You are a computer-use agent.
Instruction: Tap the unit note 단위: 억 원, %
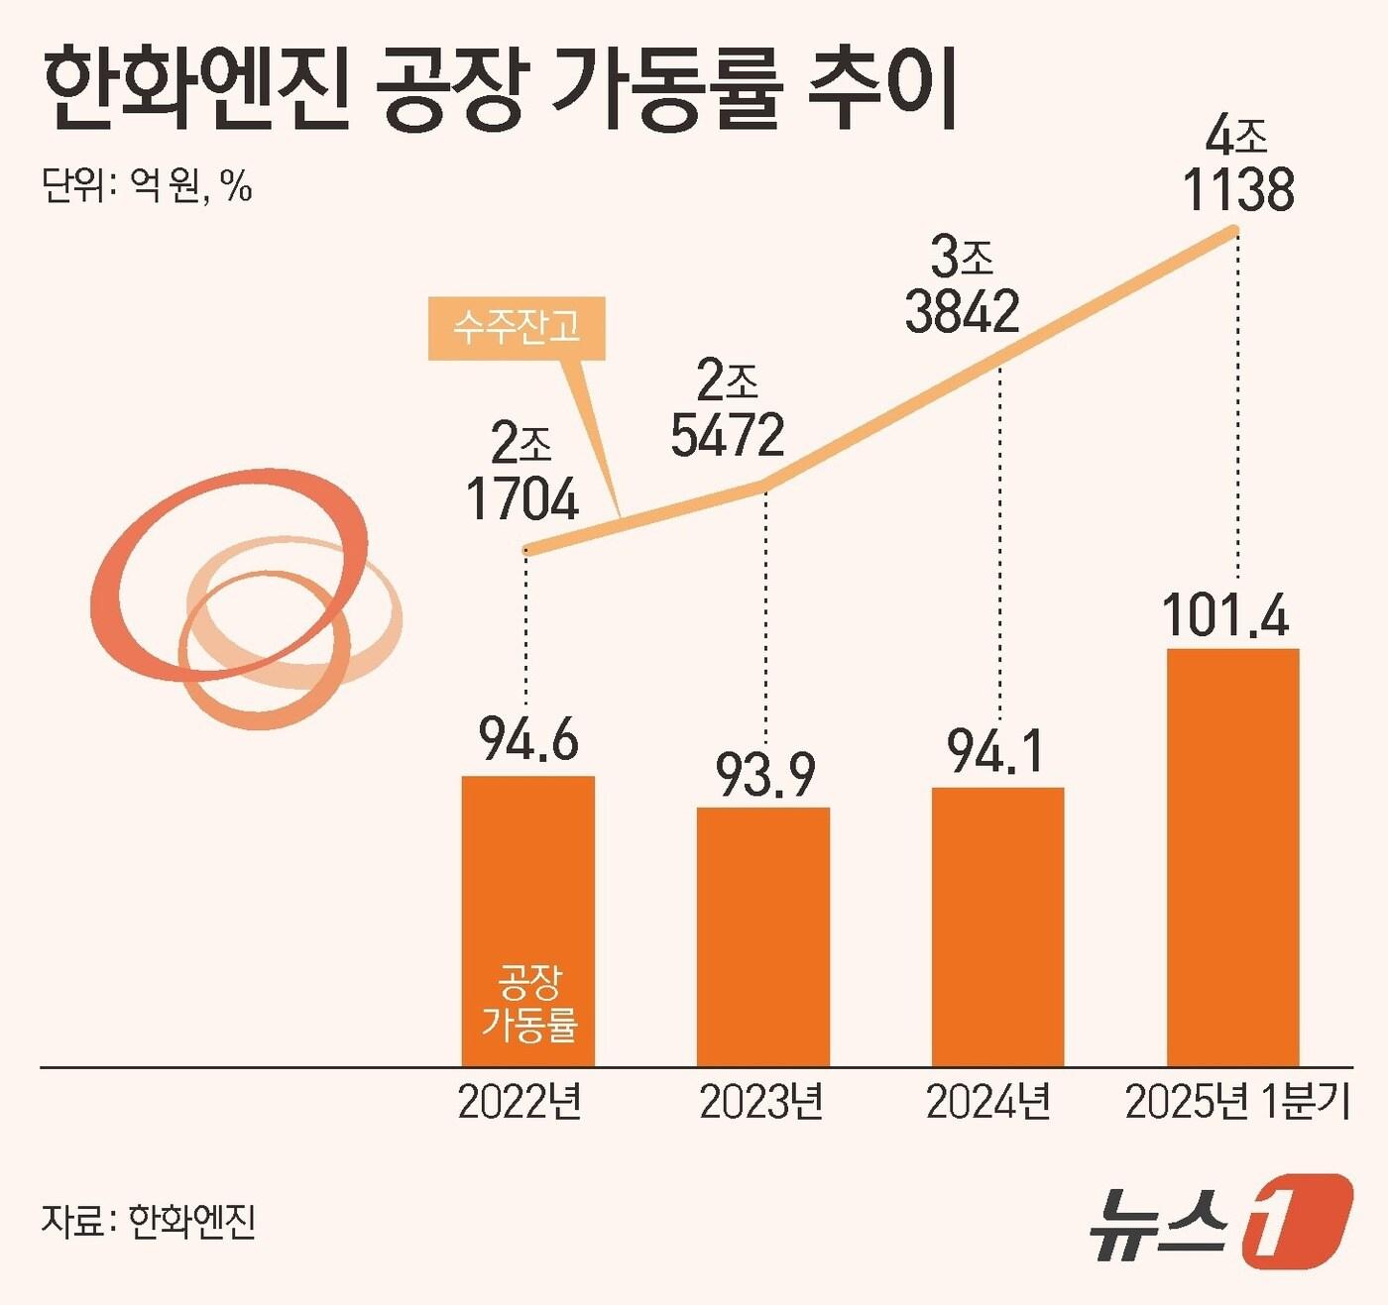click(x=147, y=184)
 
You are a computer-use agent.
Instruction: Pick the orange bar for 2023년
click(x=762, y=936)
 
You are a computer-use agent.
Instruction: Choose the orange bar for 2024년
click(x=997, y=926)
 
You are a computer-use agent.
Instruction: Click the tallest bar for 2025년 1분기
click(x=1232, y=857)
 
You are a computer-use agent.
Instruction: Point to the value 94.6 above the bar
click(x=528, y=739)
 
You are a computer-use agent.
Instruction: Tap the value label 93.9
click(x=765, y=774)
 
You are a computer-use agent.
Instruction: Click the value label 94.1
click(x=995, y=752)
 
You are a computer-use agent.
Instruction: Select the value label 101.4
click(x=1225, y=615)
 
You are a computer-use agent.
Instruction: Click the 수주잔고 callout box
click(x=517, y=327)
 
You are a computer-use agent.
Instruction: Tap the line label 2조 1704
click(x=522, y=474)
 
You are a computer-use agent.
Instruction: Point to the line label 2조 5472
click(x=728, y=410)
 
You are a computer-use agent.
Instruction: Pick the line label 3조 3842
click(x=962, y=286)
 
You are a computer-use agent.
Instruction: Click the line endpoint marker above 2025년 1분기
click(x=1235, y=232)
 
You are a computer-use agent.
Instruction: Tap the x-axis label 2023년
click(x=760, y=1102)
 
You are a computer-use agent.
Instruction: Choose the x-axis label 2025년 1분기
click(x=1237, y=1102)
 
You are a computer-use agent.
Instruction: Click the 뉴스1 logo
click(x=1220, y=1221)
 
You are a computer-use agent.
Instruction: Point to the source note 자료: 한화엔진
click(x=149, y=1221)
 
